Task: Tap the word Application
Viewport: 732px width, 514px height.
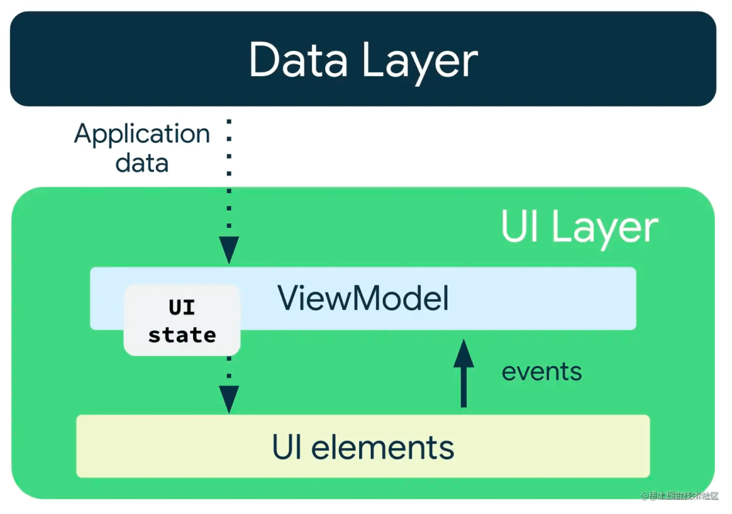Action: tap(142, 135)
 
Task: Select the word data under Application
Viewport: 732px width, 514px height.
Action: tap(142, 163)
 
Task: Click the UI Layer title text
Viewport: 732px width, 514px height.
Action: tap(579, 227)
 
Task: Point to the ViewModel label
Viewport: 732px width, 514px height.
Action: tap(363, 298)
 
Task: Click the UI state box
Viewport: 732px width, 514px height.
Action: tap(182, 320)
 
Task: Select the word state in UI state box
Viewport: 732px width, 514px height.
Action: tap(182, 335)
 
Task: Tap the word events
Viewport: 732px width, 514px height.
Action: tap(542, 372)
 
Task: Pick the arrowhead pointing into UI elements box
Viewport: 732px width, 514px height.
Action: tap(229, 399)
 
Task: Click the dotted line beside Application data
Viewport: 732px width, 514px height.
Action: tap(229, 176)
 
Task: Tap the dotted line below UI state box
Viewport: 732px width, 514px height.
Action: tap(229, 370)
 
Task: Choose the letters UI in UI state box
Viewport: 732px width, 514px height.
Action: tap(182, 307)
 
